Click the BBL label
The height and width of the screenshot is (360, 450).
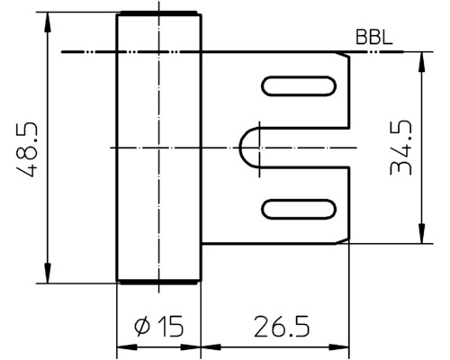tap(372, 41)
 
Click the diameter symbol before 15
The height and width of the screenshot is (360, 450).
tap(141, 327)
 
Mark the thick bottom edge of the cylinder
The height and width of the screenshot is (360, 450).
tap(157, 282)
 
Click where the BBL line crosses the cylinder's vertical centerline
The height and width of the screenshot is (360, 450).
tap(157, 54)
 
